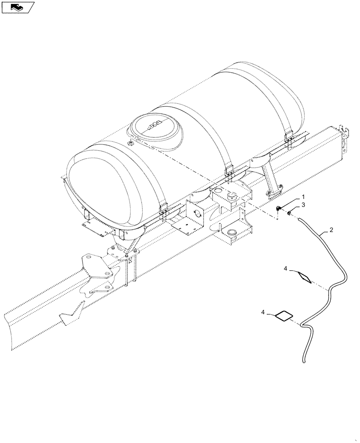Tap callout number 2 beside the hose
pos(332,230)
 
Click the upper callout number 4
pos(286,268)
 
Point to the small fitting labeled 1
pos(279,209)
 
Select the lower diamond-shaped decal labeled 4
pos(284,315)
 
